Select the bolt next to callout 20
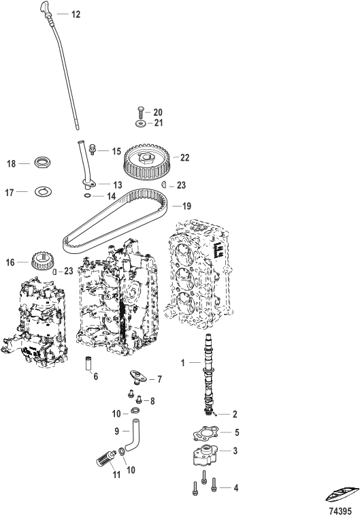(140, 112)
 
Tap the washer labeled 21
(140, 124)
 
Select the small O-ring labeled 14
(87, 196)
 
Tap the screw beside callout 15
(93, 149)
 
